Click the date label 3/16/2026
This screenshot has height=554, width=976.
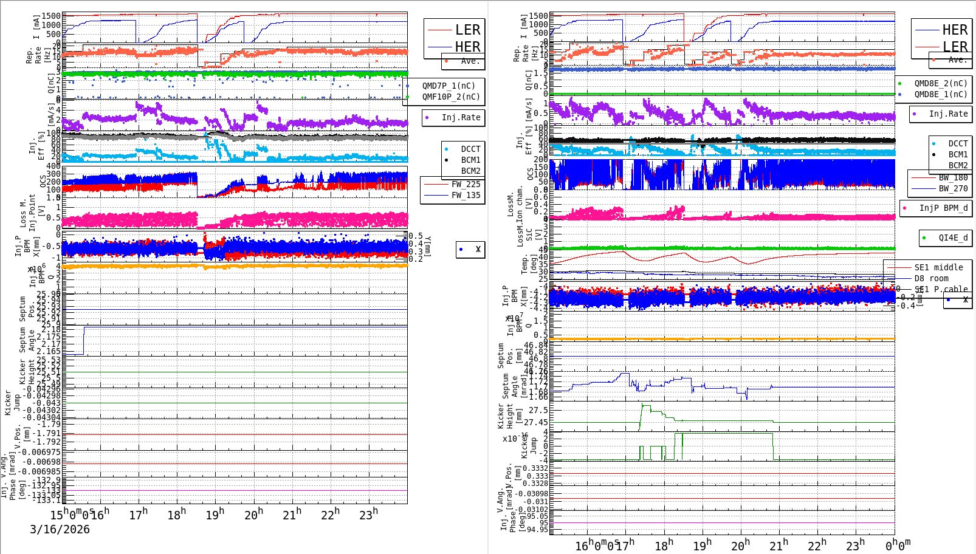[60, 530]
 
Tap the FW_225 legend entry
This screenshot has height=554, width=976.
[466, 184]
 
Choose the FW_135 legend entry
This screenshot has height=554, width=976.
[466, 195]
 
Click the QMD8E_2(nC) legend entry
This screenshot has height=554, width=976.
[940, 83]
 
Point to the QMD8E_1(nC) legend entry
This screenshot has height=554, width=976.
[940, 94]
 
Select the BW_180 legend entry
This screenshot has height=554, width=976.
[953, 177]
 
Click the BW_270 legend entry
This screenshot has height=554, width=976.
[953, 188]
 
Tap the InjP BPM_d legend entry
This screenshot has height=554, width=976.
[943, 208]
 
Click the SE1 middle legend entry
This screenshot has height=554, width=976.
[938, 267]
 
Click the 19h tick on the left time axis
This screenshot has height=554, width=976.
[215, 515]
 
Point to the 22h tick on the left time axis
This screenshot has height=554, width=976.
[330, 515]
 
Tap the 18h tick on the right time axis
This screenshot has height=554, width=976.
[664, 545]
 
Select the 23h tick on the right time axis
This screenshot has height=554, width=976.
[855, 545]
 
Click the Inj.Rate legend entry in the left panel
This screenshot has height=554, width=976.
[461, 117]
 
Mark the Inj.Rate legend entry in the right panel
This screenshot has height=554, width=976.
[948, 114]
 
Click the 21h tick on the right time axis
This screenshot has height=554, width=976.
[778, 545]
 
